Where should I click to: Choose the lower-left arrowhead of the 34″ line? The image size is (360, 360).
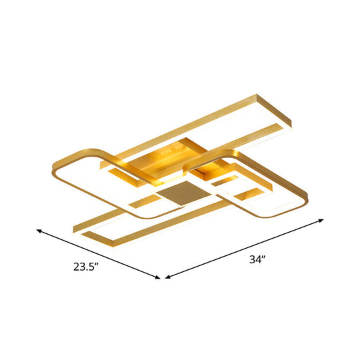coord(167,276)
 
